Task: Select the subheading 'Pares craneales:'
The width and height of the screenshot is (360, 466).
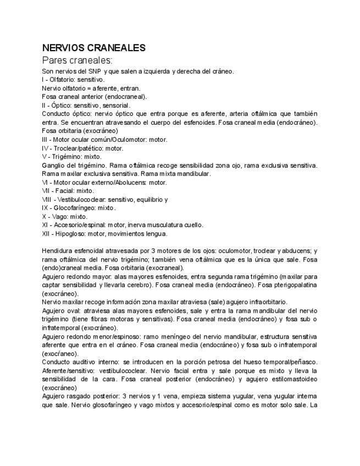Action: point(77,60)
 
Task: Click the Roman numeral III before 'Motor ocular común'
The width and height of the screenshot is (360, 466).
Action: point(45,140)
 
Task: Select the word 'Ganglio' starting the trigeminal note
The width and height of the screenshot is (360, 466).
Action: point(53,165)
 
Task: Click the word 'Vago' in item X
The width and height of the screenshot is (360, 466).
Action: point(59,217)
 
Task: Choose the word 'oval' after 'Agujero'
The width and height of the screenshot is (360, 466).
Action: point(75,311)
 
